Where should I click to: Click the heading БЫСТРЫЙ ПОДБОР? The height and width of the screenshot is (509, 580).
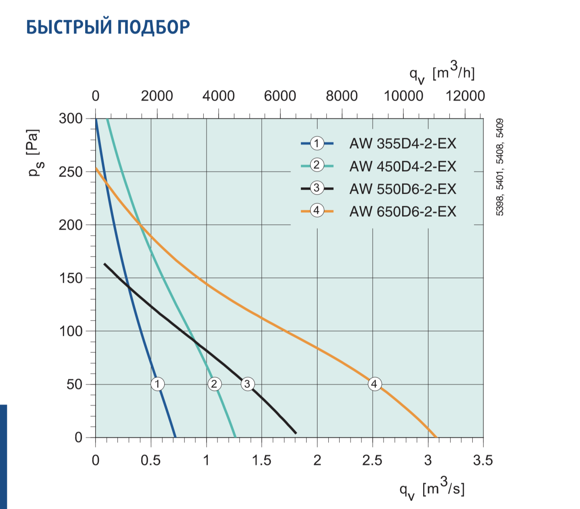(108, 27)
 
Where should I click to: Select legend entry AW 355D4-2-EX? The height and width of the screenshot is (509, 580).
(403, 143)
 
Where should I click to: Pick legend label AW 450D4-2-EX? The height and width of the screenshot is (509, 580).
(403, 166)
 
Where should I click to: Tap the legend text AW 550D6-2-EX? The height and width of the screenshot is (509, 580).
(403, 188)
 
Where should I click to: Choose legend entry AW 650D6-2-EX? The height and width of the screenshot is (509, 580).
(403, 211)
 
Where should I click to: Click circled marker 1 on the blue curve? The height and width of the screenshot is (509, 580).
(157, 384)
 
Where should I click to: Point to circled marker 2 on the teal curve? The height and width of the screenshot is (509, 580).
(214, 384)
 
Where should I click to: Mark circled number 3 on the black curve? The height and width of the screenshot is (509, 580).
(248, 384)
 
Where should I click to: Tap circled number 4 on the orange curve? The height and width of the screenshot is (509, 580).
(375, 384)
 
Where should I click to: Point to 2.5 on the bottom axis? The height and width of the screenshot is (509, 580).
(372, 460)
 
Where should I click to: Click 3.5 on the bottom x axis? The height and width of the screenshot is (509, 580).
(483, 460)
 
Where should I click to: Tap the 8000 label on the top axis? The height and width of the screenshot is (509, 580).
(342, 96)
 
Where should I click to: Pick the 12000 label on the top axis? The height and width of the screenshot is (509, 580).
(465, 96)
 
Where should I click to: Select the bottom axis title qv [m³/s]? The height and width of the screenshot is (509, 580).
(432, 490)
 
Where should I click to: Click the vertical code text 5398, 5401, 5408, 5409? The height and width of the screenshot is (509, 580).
(500, 167)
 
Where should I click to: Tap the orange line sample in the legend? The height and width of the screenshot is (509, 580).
(317, 211)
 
